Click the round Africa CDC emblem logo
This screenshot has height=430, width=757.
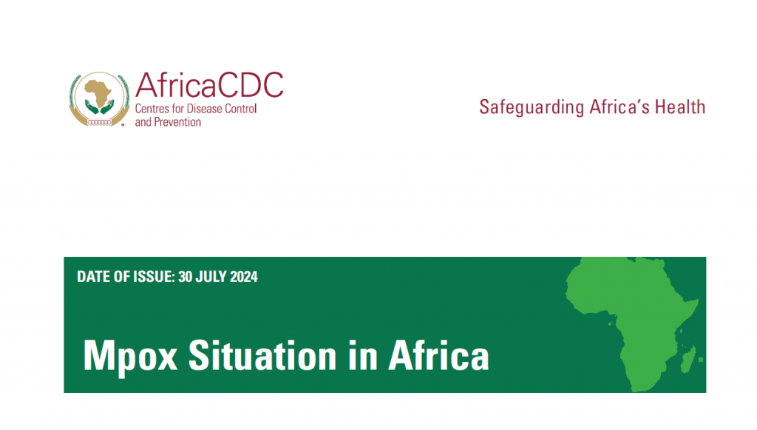click(100, 99)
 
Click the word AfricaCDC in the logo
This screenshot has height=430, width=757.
click(209, 85)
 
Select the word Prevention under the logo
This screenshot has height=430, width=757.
click(177, 122)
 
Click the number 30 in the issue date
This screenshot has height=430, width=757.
click(185, 277)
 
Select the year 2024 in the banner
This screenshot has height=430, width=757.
click(244, 277)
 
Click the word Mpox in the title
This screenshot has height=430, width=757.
click(130, 357)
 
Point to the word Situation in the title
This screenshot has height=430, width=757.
click(262, 355)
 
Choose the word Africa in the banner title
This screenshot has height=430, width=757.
click(439, 355)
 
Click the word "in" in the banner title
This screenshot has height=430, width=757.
click(362, 355)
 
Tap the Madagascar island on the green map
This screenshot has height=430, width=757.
click(688, 360)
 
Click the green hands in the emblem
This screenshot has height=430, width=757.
click(100, 107)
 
